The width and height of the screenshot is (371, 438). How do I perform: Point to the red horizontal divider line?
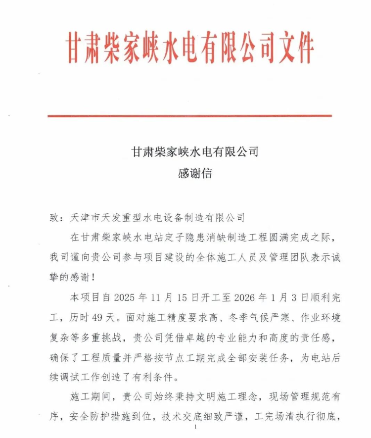pyautogui.click(x=189, y=116)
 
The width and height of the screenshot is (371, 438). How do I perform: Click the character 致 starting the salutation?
pyautogui.click(x=54, y=217)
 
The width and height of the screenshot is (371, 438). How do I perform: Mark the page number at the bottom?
pyautogui.click(x=196, y=427)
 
